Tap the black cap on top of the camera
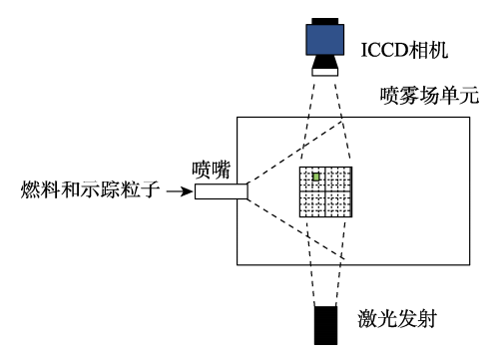(x=326, y=19)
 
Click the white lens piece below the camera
(x=326, y=71)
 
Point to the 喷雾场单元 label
(x=429, y=97)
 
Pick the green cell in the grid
(x=316, y=177)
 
